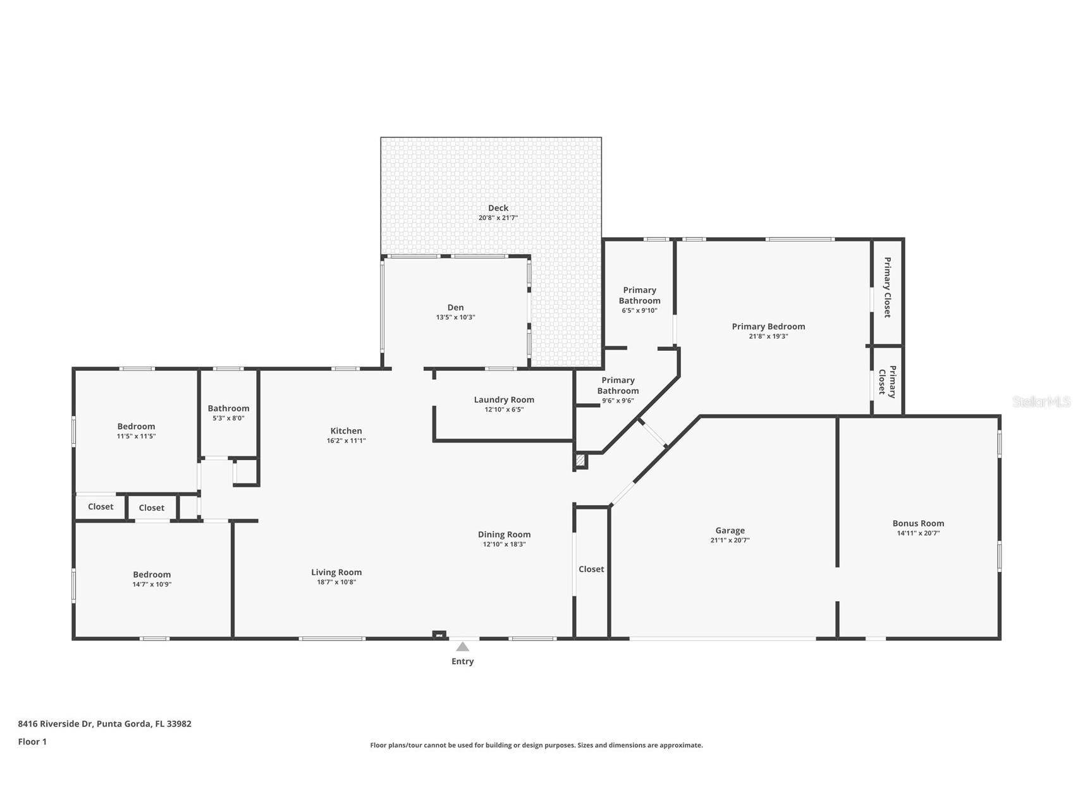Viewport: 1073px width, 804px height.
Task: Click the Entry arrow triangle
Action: (462, 647)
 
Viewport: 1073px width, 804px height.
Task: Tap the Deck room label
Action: (498, 208)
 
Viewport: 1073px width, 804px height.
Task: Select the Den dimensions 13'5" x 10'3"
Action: (455, 317)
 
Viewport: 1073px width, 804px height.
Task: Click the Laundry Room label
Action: (504, 399)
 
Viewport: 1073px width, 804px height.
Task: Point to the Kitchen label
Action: (346, 431)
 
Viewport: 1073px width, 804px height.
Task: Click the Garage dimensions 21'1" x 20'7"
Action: (730, 540)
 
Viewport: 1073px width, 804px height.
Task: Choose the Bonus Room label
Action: (918, 523)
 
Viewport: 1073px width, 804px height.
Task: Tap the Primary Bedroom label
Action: (768, 327)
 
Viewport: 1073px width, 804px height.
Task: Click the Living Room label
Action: (336, 573)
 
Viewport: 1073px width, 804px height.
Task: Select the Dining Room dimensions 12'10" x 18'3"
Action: (504, 544)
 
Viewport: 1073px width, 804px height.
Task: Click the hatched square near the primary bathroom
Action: (580, 460)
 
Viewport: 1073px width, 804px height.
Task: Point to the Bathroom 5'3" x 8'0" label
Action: (228, 409)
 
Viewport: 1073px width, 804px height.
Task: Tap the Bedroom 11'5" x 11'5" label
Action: (136, 427)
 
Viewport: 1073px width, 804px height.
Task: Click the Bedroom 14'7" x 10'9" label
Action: (152, 575)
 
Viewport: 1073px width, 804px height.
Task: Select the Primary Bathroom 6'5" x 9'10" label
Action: (639, 295)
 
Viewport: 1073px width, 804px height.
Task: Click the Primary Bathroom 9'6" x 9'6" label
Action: (618, 386)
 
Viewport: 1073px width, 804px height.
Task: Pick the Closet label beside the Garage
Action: (591, 569)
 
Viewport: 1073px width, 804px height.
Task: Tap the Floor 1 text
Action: (32, 742)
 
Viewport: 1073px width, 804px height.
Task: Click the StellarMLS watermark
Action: (1041, 402)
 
